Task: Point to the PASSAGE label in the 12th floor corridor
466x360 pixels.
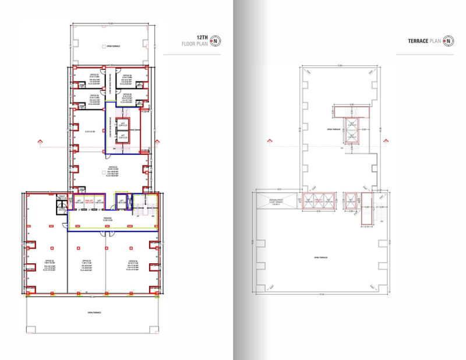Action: tap(108, 219)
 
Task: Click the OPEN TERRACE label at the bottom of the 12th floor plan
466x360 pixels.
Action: tap(95, 313)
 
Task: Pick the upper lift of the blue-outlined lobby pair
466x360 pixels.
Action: tap(122, 124)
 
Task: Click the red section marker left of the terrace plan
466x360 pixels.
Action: tap(269, 142)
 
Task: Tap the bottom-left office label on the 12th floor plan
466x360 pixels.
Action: tap(49, 263)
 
